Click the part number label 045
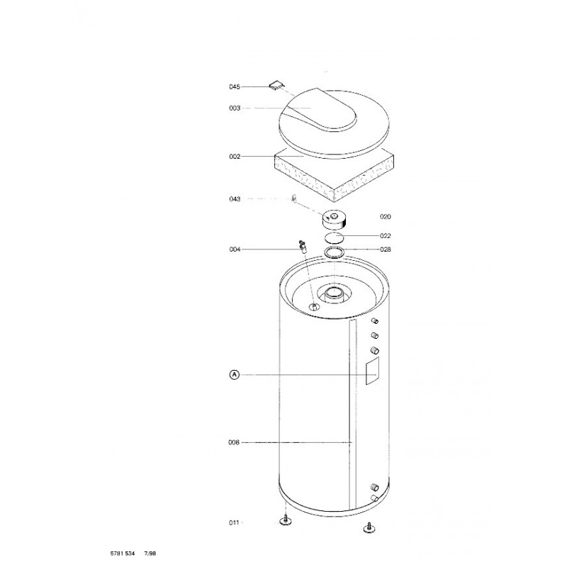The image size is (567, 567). [x=235, y=86]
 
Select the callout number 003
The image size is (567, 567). [x=235, y=108]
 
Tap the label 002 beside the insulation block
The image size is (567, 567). [x=235, y=157]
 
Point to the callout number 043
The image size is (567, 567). [x=235, y=199]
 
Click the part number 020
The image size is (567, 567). [x=385, y=217]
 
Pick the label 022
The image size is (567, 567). [x=385, y=236]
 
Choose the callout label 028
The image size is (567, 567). [x=385, y=249]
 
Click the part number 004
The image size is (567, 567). [x=235, y=249]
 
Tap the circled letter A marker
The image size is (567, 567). [x=235, y=375]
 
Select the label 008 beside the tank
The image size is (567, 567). [x=234, y=442]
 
